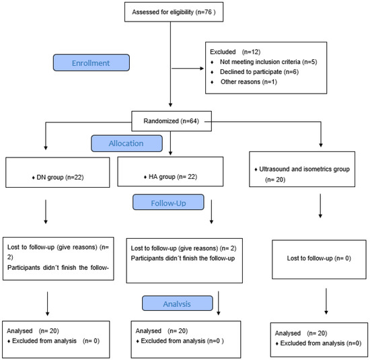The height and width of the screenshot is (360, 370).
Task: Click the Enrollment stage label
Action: (x=91, y=63)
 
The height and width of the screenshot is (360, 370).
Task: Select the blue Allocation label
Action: (x=126, y=143)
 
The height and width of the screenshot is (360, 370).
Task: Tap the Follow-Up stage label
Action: (x=168, y=202)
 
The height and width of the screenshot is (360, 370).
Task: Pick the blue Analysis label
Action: (x=177, y=303)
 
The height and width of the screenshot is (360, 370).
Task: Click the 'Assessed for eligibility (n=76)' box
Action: (x=174, y=12)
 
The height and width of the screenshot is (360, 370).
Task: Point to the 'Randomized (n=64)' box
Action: (x=172, y=121)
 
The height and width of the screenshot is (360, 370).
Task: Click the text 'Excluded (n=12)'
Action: (x=235, y=52)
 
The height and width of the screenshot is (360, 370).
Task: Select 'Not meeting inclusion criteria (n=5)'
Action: (x=268, y=62)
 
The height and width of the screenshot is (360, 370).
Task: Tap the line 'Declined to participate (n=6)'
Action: (x=259, y=72)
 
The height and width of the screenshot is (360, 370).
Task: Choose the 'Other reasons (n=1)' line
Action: (x=249, y=82)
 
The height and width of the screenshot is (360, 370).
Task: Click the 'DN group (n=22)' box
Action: (x=58, y=172)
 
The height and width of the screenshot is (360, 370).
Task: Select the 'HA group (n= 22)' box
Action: (x=170, y=172)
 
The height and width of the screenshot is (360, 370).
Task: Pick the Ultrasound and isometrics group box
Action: (x=302, y=170)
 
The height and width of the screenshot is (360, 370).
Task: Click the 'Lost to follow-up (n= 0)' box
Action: (x=319, y=260)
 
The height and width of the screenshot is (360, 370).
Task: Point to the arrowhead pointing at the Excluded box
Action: (x=202, y=69)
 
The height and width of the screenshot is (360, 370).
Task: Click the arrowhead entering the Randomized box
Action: (x=170, y=105)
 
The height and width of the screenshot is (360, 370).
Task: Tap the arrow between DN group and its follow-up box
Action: (x=46, y=212)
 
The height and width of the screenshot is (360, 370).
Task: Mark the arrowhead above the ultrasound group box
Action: (x=321, y=145)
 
